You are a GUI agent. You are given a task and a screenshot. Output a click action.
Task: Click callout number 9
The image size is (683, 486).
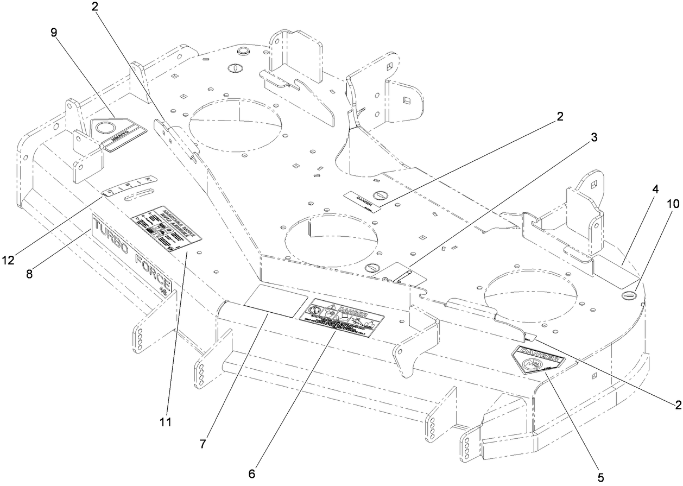tap(54, 33)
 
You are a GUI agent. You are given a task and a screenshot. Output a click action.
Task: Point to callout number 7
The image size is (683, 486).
tap(203, 444)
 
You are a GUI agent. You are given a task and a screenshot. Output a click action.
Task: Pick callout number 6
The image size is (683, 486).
tap(251, 472)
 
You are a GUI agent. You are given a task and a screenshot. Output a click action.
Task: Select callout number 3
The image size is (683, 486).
tap(594, 137)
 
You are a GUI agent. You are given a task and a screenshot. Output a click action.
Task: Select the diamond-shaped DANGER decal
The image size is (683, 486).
tap(538, 360)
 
